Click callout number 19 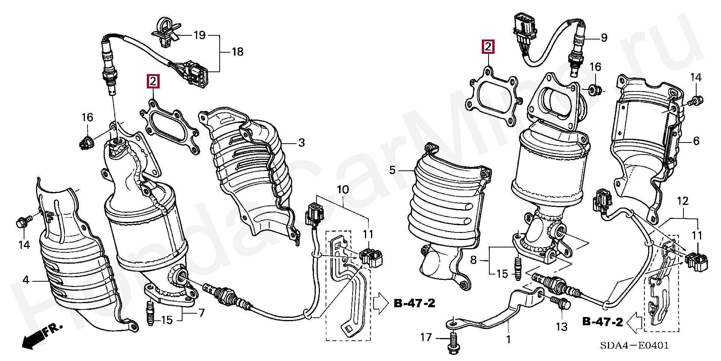click(199, 35)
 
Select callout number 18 click(237, 52)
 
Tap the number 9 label click(604, 38)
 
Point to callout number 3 click(302, 143)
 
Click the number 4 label click(26, 280)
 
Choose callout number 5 click(392, 170)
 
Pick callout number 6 click(696, 141)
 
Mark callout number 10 click(342, 190)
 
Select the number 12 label click(683, 201)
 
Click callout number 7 click(202, 312)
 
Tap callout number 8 click(473, 260)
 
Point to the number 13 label click(561, 327)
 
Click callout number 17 click(426, 337)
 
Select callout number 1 click(508, 340)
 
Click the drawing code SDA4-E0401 click(634, 345)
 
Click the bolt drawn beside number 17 click(453, 343)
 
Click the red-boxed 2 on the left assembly click(153, 81)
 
